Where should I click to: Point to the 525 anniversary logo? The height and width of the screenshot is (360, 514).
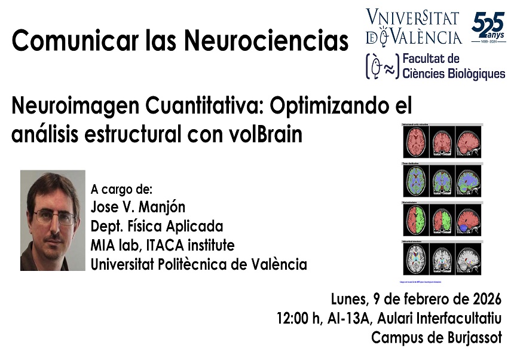click(488, 29)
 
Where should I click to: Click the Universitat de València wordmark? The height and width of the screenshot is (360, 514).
click(414, 28)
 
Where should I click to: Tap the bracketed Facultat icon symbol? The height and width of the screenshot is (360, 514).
click(380, 66)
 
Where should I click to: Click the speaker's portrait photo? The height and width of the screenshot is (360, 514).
click(53, 221)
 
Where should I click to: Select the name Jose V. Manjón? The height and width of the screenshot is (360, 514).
click(138, 208)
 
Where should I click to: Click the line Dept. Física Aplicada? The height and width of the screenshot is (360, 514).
click(157, 227)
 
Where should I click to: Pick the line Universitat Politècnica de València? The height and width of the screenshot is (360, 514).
click(198, 264)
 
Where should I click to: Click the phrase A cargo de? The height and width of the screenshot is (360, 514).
click(122, 190)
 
